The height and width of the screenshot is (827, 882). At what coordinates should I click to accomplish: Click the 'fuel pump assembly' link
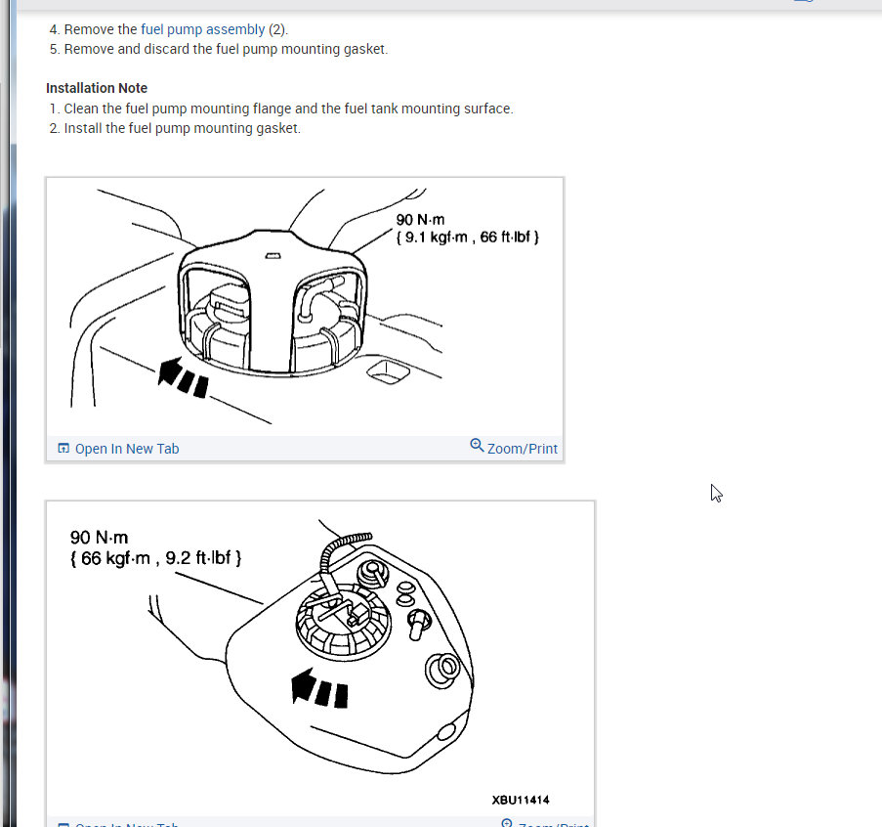202,29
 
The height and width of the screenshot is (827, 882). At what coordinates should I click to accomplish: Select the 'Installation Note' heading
97,88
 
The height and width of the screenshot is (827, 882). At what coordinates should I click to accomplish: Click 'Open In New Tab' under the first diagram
127,449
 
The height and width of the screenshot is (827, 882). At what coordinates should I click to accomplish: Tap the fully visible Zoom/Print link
522,449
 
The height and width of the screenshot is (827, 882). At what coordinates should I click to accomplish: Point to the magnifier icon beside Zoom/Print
477,445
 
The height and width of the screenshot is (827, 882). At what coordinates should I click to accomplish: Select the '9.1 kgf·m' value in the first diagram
436,237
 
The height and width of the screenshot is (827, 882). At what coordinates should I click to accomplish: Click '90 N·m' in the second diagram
99,538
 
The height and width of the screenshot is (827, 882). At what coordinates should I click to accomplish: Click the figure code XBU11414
521,800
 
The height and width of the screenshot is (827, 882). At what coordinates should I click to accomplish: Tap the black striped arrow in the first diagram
183,377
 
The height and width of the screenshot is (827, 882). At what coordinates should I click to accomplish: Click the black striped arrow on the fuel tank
319,687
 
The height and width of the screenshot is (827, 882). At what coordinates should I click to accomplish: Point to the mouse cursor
716,493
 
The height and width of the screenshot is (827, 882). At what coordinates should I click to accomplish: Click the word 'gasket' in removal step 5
365,49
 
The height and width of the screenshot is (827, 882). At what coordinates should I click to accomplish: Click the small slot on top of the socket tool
273,256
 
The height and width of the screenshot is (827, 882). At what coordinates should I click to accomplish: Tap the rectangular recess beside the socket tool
388,372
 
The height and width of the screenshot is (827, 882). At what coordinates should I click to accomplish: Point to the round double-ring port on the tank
442,670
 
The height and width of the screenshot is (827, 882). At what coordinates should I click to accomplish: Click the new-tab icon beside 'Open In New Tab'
63,448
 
